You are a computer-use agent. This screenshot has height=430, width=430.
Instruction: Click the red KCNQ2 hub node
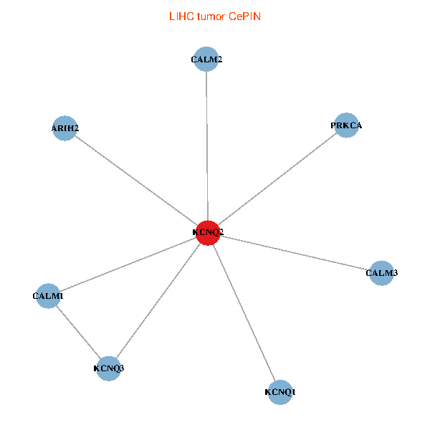pyautogui.click(x=208, y=233)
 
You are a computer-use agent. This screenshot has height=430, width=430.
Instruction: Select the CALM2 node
pyautogui.click(x=206, y=59)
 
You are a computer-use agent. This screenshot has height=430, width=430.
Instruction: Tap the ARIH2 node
pyautogui.click(x=64, y=128)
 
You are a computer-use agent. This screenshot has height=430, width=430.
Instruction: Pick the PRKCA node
pyautogui.click(x=346, y=125)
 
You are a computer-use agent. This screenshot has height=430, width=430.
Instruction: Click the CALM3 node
pyautogui.click(x=381, y=273)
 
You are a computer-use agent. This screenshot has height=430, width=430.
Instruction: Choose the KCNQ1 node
pyautogui.click(x=280, y=392)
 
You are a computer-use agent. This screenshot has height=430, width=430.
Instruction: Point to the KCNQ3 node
pyautogui.click(x=109, y=368)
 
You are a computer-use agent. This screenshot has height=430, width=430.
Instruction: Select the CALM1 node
pyautogui.click(x=48, y=296)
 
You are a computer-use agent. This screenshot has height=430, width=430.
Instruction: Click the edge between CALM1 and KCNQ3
pyautogui.click(x=78, y=332)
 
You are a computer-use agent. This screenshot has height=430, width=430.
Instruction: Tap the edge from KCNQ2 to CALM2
pyautogui.click(x=207, y=146)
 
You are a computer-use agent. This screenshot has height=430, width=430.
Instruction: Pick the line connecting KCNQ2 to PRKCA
pyautogui.click(x=277, y=179)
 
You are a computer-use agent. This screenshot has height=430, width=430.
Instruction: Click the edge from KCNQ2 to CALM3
pyautogui.click(x=295, y=253)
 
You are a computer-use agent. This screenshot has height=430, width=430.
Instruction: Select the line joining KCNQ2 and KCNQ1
pyautogui.click(x=244, y=312)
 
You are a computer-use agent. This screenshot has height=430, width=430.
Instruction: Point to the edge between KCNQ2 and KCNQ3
pyautogui.click(x=158, y=300)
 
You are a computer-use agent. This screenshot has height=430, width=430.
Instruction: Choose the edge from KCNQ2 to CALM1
pyautogui.click(x=128, y=264)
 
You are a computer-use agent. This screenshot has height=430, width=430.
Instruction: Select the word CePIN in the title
pyautogui.click(x=244, y=16)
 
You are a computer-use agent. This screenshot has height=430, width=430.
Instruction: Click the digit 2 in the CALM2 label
pyautogui.click(x=220, y=59)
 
